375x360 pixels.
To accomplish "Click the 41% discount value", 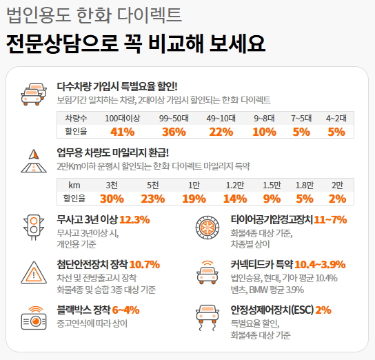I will pos(122,132).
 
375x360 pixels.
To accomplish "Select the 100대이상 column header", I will pos(122,118).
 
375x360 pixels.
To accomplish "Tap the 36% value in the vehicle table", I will pos(174,132).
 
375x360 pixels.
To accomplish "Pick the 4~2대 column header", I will pos(336,118).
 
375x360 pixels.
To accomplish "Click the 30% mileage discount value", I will pos(112,199).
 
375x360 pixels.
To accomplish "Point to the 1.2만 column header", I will pos(235,185).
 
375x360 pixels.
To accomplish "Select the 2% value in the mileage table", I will pos(337,199).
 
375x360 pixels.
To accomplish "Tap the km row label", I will pos(74,185).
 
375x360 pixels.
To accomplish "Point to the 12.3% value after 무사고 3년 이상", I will pos(134,220).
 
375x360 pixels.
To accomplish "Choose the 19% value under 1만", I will pos(194,199).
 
